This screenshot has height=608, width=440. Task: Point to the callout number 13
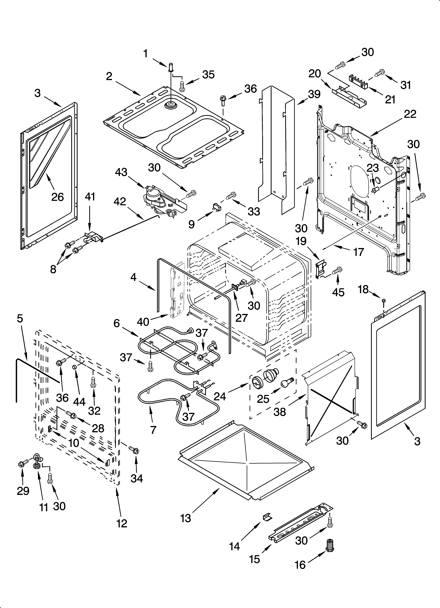tap(186, 518)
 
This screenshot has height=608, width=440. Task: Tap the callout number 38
tap(280, 412)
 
